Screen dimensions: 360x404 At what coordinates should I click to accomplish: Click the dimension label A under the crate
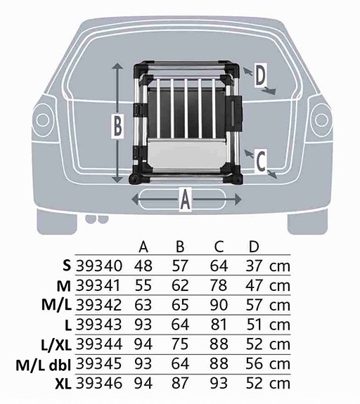point(186,200)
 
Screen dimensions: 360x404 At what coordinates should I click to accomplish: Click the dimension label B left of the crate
point(117,126)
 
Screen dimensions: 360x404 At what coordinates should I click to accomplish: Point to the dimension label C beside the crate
point(261,162)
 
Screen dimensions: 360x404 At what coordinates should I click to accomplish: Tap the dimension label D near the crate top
point(260,75)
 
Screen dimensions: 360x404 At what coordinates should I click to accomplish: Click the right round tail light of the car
point(321,120)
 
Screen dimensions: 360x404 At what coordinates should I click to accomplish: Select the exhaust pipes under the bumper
point(97,219)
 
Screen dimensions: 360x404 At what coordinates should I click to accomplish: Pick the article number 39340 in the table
point(99,266)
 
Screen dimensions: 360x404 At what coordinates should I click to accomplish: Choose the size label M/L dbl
point(44,364)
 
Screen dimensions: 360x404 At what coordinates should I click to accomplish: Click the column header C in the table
point(219,247)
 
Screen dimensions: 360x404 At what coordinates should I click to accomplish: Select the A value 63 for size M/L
point(143,305)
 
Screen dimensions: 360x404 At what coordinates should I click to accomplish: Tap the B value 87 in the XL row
point(180,383)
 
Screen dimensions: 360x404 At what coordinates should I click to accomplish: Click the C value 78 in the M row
point(219,285)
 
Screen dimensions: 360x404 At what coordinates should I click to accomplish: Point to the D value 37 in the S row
point(254,266)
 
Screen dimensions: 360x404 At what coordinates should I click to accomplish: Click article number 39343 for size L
point(99,325)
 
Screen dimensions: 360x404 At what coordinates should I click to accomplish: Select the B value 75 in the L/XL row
point(180,344)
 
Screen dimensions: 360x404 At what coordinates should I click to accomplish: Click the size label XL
point(63,384)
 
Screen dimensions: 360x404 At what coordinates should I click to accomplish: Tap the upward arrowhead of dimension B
point(117,67)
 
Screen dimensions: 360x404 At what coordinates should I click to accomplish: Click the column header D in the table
point(254,247)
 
